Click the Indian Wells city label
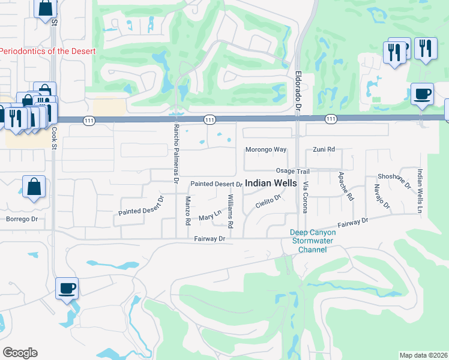271,183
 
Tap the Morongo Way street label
266,149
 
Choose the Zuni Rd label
324,149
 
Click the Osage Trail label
292,171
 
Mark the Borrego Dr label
22,219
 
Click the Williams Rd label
231,211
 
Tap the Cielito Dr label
268,202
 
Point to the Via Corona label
305,197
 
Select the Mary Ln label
210,215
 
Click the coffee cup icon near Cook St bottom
67,288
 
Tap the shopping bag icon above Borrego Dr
34,186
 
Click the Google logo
20,353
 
